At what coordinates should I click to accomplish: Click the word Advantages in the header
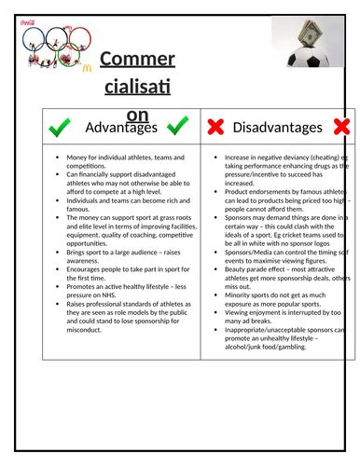click(118, 127)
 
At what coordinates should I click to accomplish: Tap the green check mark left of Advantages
click(60, 125)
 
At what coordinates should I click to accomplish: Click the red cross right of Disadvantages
click(340, 126)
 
